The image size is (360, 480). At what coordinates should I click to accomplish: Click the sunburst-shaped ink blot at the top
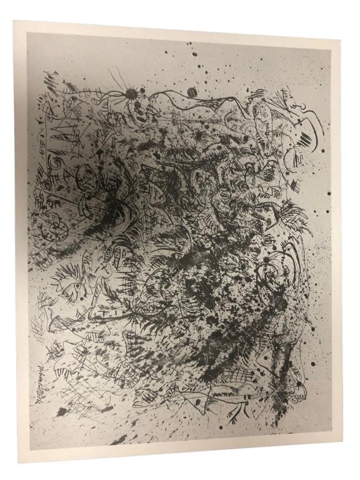(132, 94)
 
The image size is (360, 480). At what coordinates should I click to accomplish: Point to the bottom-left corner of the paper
(19, 461)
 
